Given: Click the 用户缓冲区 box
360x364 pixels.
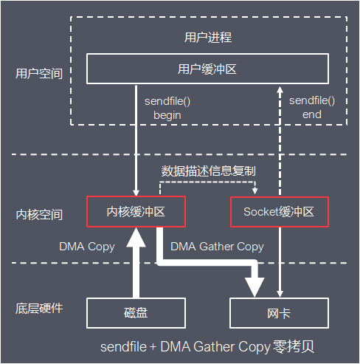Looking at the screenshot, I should [x=207, y=69].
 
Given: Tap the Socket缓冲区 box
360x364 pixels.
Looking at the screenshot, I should [x=278, y=211].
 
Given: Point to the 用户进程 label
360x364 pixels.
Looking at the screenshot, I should [x=208, y=37].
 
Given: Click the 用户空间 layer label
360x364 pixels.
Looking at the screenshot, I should [x=39, y=75].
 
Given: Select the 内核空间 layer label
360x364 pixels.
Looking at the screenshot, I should [x=39, y=215].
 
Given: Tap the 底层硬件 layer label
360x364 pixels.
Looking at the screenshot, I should [x=39, y=308].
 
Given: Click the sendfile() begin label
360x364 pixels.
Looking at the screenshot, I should [x=167, y=107].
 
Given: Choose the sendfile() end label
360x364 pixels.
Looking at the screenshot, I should [x=311, y=107].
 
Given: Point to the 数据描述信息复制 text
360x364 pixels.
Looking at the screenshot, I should [x=209, y=171].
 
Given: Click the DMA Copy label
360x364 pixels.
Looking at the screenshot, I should [x=87, y=247].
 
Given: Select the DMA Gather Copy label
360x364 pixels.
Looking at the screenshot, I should [x=217, y=247].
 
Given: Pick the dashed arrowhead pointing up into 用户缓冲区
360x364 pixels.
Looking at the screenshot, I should [x=279, y=89].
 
